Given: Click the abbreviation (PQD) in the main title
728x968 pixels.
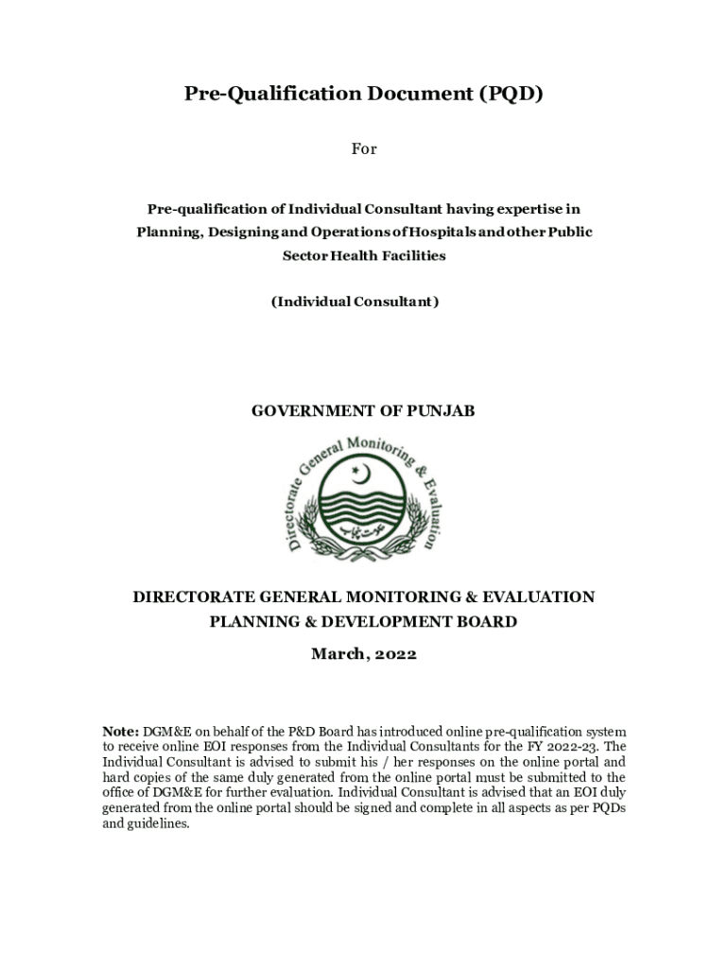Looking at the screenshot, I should tap(511, 94).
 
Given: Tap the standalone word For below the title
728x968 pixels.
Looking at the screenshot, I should tap(364, 148).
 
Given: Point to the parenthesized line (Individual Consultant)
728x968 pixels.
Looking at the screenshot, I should tap(355, 302).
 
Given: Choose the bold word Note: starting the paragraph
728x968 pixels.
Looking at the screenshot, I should tap(120, 733).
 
